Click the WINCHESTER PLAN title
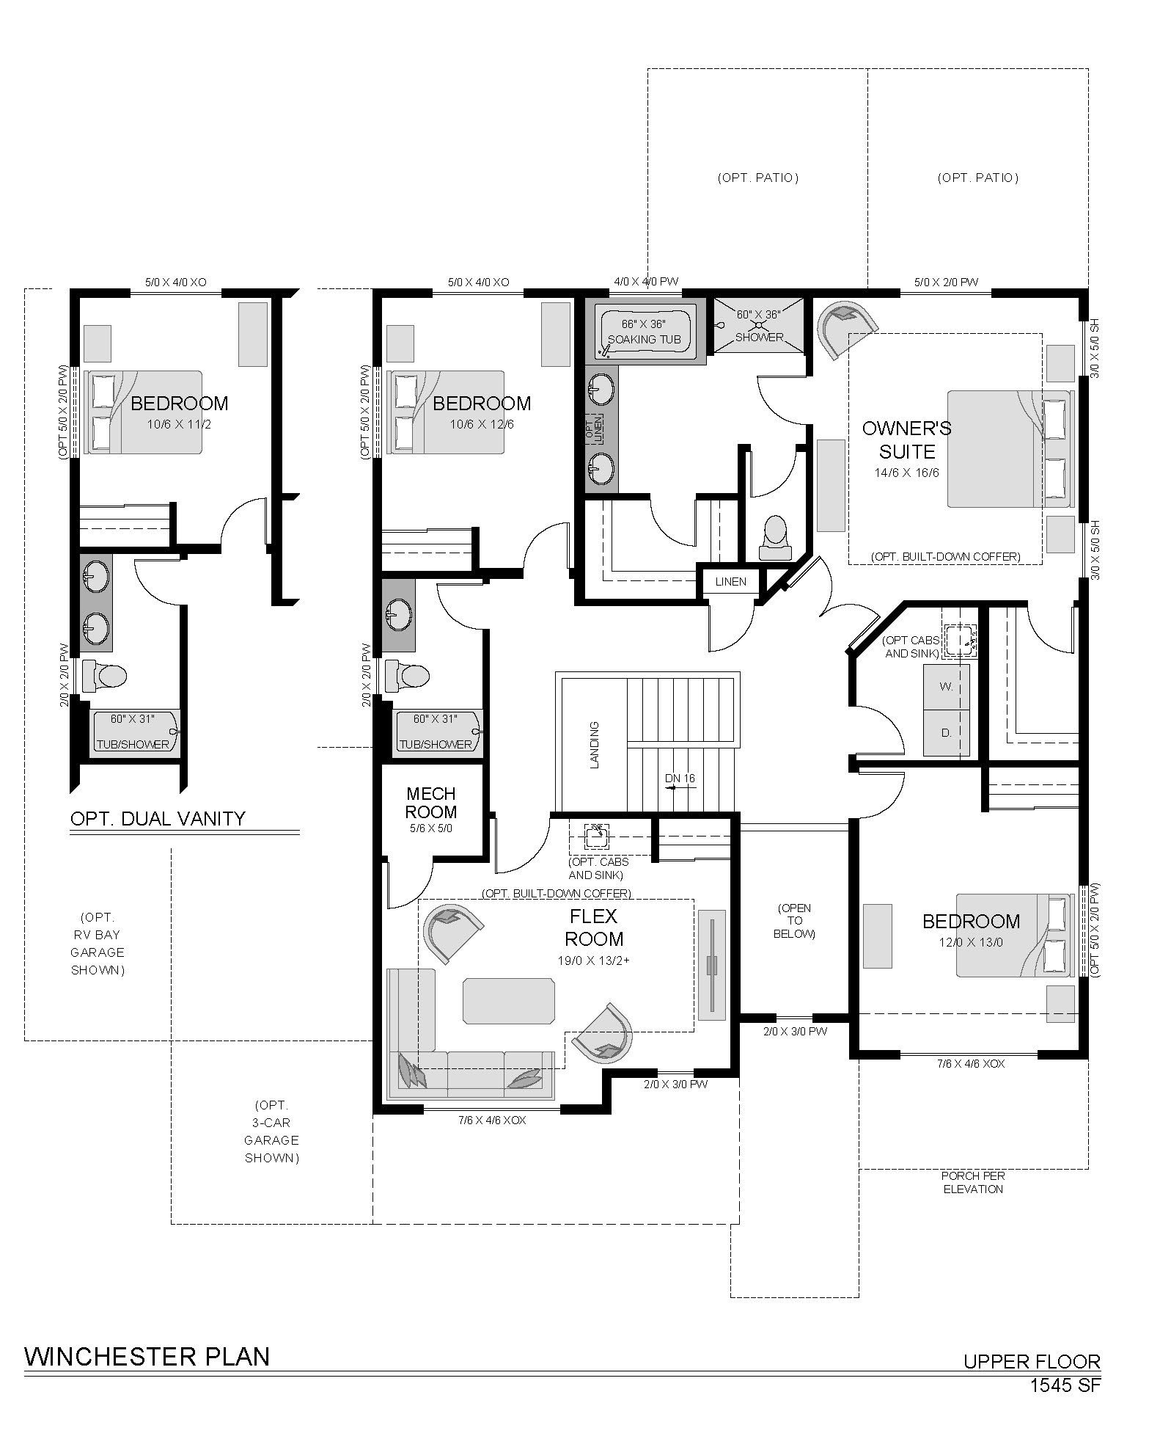pyautogui.click(x=147, y=1356)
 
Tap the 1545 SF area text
pyautogui.click(x=1065, y=1385)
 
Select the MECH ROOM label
pyautogui.click(x=431, y=803)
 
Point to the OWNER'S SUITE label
pyautogui.click(x=906, y=440)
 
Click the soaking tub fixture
pyautogui.click(x=645, y=332)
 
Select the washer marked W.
pyautogui.click(x=946, y=687)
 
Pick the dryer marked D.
pyautogui.click(x=946, y=732)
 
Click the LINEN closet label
pyautogui.click(x=731, y=582)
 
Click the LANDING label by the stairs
pyautogui.click(x=595, y=745)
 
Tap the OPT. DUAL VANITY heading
pyautogui.click(x=158, y=818)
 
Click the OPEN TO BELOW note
pyautogui.click(x=795, y=921)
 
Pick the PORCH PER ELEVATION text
pyautogui.click(x=973, y=1183)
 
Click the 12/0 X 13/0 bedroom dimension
pyautogui.click(x=971, y=942)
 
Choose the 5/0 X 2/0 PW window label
pyautogui.click(x=946, y=282)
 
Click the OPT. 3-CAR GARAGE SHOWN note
pyautogui.click(x=272, y=1131)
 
